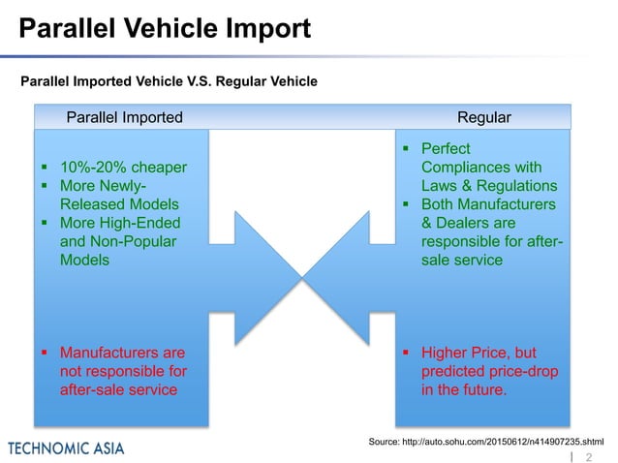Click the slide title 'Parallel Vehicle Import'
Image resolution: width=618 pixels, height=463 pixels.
click(x=166, y=28)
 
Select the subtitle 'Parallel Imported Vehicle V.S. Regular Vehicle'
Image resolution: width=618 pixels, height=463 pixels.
click(x=169, y=81)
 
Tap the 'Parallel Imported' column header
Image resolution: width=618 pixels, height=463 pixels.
click(x=124, y=117)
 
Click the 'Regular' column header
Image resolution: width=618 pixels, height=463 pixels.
click(x=483, y=117)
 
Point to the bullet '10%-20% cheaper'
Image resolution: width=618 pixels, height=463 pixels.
click(x=122, y=167)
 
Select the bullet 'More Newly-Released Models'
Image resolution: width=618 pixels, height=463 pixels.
click(x=116, y=195)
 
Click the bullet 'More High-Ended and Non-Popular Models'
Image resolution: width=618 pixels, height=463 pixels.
click(x=119, y=241)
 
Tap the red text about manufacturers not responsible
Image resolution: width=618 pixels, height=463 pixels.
click(x=123, y=371)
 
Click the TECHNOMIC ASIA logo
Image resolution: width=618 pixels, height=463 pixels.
click(x=66, y=448)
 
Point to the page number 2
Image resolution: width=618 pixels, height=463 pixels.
click(x=588, y=455)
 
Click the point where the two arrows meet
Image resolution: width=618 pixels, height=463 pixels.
click(x=302, y=278)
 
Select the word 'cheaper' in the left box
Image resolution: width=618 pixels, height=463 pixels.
click(x=158, y=167)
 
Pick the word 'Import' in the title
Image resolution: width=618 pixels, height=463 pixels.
click(x=264, y=28)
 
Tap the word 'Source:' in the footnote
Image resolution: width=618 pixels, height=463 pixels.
click(x=389, y=441)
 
